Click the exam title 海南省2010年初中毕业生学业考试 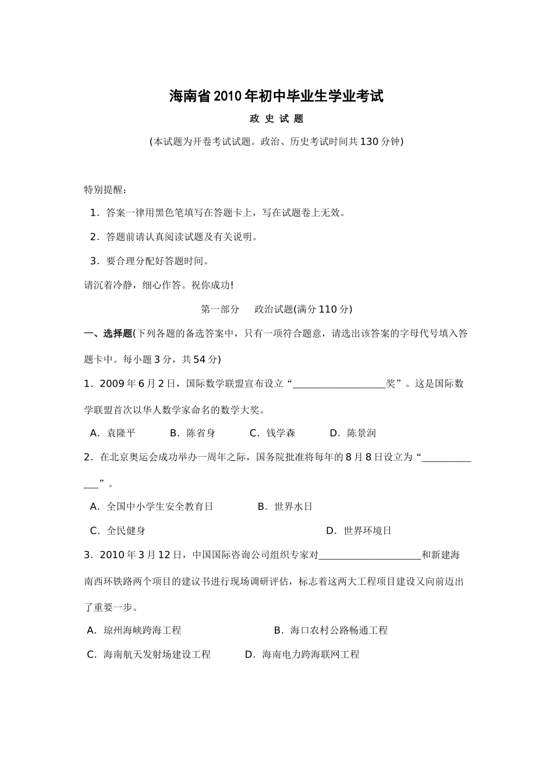point(276,96)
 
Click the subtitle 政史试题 point(276,119)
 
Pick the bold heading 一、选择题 point(108,333)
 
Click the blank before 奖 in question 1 point(339,384)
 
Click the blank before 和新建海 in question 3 point(370,555)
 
